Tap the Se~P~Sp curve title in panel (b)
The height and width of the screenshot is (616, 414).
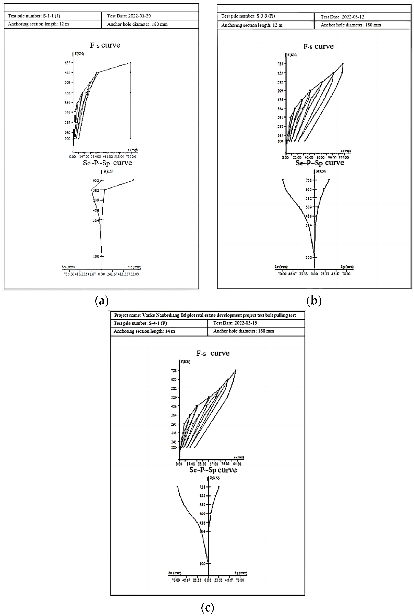coord(320,163)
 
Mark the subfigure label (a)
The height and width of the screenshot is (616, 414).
coord(102,300)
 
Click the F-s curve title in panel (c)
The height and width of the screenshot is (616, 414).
coord(213,353)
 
